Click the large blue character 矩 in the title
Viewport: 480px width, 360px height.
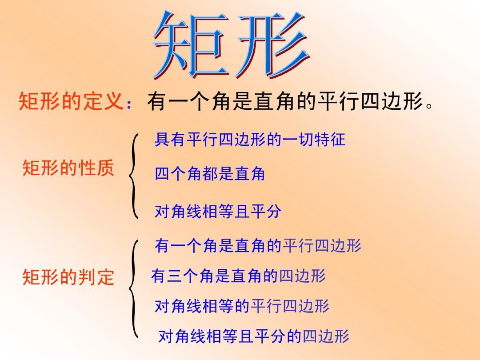point(191,46)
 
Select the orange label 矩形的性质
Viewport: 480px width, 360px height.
point(68,168)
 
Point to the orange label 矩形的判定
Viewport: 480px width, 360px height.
point(68,277)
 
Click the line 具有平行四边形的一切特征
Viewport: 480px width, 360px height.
point(250,140)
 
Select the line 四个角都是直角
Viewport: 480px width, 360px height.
point(210,174)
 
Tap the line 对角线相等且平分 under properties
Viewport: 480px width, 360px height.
point(218,211)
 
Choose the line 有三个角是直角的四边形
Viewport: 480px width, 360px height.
point(239,276)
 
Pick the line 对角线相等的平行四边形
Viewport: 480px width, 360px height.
point(242,305)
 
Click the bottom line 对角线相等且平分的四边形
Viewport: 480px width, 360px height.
point(254,336)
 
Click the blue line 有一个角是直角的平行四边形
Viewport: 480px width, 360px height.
point(258,245)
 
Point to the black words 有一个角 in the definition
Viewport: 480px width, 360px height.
point(189,101)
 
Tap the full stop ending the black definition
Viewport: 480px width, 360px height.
point(430,106)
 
